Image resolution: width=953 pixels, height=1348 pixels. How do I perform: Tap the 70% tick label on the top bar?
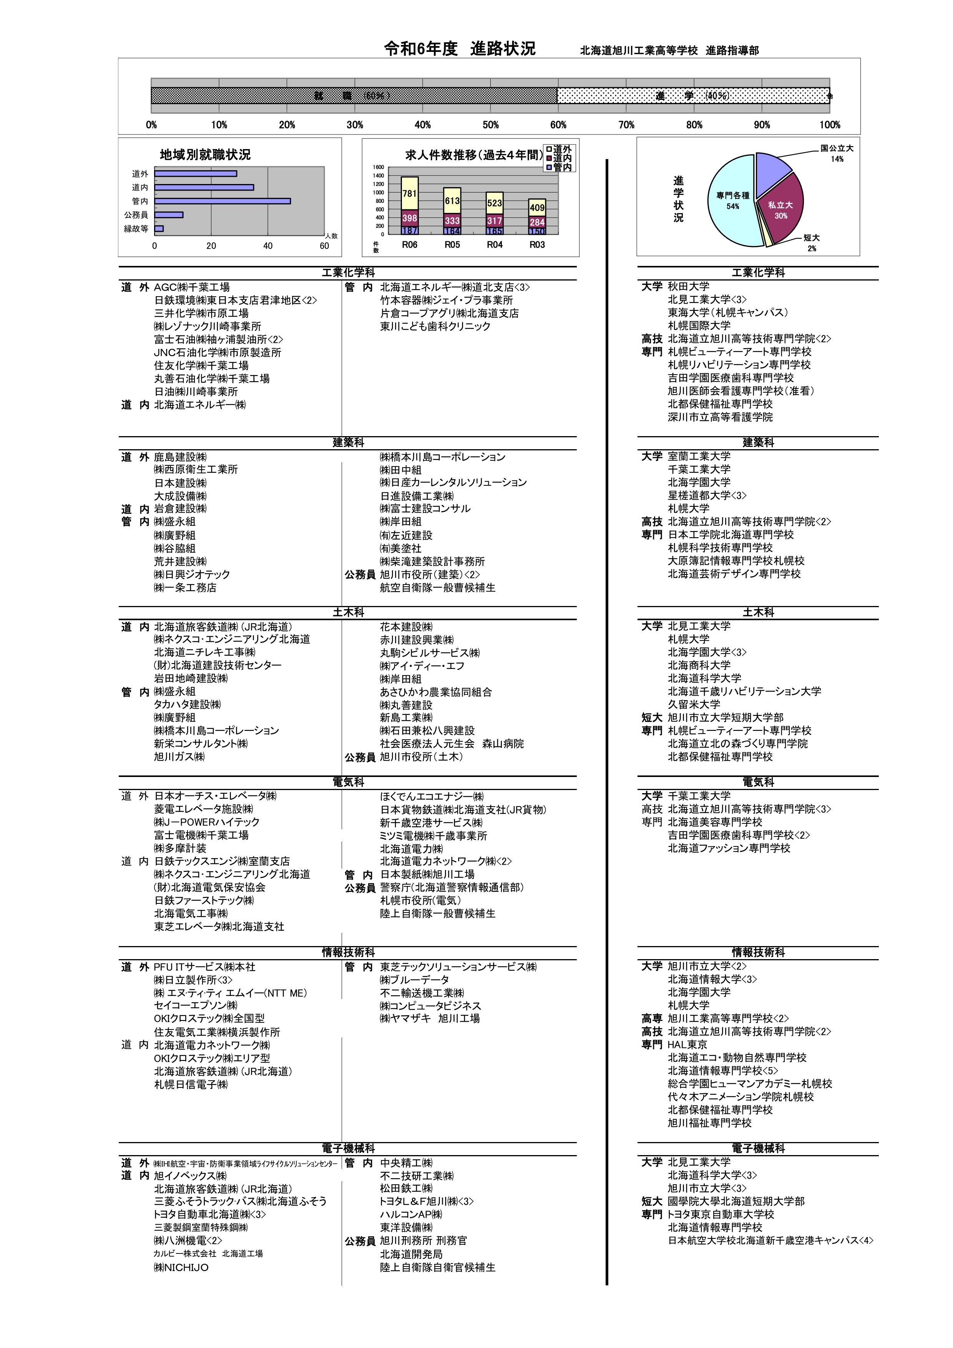coord(626,125)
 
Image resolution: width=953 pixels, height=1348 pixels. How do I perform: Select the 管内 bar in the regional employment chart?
coord(222,201)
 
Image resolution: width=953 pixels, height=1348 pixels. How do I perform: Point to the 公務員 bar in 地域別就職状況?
coord(169,215)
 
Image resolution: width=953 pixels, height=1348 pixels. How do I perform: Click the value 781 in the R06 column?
coord(409,194)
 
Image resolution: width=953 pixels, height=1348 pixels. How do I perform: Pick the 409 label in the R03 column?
coord(537,207)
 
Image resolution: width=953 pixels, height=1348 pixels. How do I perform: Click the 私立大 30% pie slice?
coord(781,208)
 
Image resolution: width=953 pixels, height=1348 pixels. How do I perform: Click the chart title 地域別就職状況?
coord(205,155)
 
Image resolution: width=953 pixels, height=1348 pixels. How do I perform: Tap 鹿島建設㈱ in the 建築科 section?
coord(180,457)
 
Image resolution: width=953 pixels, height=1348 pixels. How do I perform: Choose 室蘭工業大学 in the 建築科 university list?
coord(699,456)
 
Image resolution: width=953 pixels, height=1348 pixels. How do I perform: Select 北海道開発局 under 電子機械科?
coord(411,1254)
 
